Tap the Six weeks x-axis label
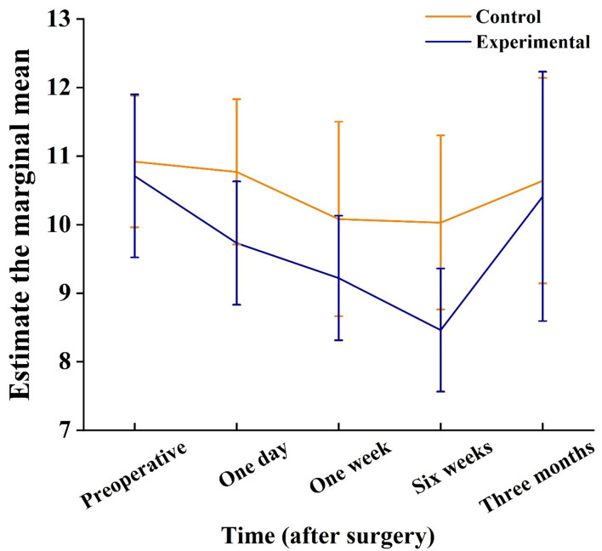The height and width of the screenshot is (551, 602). pos(442,468)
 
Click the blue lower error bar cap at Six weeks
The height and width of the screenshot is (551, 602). pos(440,391)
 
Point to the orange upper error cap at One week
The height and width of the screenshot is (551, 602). pos(338,122)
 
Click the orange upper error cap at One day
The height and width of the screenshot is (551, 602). pos(237,99)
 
